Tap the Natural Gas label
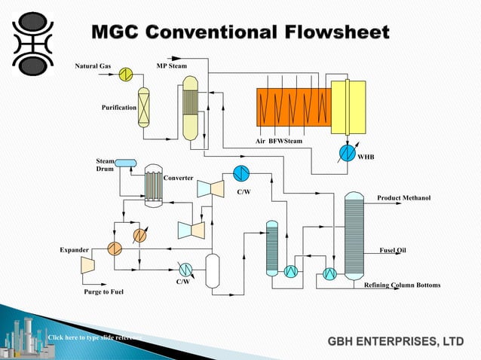coord(93,66)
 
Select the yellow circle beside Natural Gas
coord(125,72)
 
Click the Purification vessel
coord(143,107)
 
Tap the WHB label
coord(366,157)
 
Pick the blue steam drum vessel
coord(125,163)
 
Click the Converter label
coord(179,178)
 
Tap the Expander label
coord(75,249)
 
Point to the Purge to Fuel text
coord(103,291)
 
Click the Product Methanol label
coord(403,197)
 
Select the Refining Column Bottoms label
coord(402,285)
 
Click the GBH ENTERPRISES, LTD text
coord(395,342)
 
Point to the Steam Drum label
coord(105,165)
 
